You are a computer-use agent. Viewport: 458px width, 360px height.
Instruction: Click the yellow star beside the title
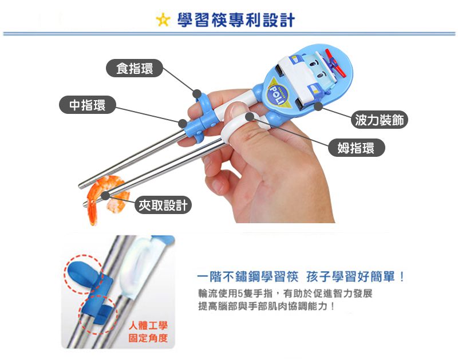[x=163, y=20]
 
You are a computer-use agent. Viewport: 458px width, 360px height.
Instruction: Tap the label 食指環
[x=135, y=68]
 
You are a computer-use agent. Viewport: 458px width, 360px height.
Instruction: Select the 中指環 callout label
[x=88, y=105]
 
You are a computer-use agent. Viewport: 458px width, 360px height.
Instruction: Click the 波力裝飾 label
[x=379, y=120]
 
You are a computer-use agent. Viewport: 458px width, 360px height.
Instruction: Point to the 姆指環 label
[x=356, y=148]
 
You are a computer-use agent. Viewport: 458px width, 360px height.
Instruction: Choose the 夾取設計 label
[x=163, y=205]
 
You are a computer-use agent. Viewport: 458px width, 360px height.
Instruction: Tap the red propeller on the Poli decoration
[x=335, y=63]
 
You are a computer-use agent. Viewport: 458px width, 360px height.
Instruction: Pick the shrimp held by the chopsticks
[x=105, y=199]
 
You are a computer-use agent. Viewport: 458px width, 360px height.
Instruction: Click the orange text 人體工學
[x=148, y=326]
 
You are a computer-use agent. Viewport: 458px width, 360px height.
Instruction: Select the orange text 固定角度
[x=148, y=338]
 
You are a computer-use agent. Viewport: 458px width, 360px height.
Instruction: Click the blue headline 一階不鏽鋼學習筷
[x=247, y=276]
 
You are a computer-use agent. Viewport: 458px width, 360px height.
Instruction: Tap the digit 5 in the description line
[x=240, y=293]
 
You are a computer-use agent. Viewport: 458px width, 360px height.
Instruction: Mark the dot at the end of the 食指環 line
[x=197, y=94]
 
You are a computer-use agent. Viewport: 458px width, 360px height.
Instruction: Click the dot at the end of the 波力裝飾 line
[x=318, y=106]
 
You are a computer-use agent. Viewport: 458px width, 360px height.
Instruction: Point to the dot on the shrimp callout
[x=105, y=196]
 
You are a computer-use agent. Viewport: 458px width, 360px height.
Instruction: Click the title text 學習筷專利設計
[x=236, y=20]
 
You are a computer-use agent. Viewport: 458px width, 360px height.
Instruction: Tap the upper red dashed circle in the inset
[x=84, y=274]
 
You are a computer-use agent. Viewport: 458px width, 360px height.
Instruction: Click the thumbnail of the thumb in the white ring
[x=236, y=110]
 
